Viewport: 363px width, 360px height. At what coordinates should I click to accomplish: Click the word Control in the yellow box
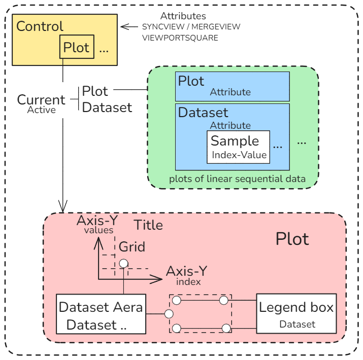(x=40, y=26)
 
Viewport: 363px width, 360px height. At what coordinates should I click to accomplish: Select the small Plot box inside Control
(x=76, y=48)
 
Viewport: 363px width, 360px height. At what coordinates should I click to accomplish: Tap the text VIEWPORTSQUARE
(x=180, y=38)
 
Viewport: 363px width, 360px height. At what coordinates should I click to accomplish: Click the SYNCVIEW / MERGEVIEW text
(x=191, y=27)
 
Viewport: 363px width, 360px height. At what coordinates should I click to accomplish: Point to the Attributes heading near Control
(x=183, y=16)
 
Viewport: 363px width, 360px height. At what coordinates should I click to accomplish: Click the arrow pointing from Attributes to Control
(x=129, y=26)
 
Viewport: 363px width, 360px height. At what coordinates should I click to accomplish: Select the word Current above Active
(x=41, y=100)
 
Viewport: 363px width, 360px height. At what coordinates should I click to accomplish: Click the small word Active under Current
(x=42, y=110)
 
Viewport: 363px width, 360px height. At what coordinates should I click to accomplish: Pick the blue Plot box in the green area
(x=232, y=86)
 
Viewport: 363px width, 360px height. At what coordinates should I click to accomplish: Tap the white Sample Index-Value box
(x=238, y=147)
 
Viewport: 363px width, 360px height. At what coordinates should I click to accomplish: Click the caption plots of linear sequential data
(x=237, y=178)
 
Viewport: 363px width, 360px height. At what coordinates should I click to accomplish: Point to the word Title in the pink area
(x=148, y=225)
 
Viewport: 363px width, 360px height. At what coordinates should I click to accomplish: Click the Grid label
(x=132, y=247)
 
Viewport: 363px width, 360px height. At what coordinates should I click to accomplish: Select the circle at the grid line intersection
(x=123, y=264)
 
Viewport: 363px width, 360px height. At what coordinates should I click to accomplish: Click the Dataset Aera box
(x=101, y=314)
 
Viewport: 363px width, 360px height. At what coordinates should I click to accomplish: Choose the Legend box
(x=296, y=313)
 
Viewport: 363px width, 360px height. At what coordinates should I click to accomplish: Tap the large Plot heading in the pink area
(x=292, y=239)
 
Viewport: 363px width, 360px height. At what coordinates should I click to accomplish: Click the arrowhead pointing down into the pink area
(x=62, y=208)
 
